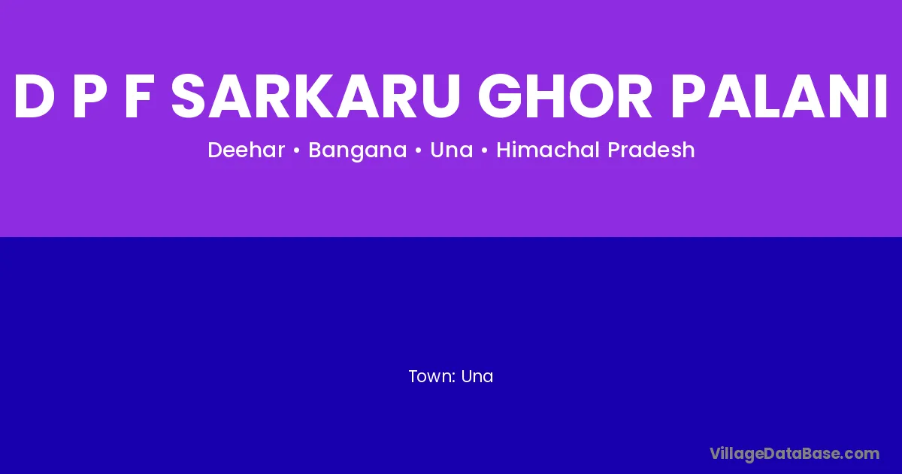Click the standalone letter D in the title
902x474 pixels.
point(35,97)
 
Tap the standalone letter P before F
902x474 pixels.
point(90,97)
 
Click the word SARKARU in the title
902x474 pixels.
point(315,97)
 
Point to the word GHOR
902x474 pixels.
point(565,97)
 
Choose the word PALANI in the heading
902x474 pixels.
point(779,97)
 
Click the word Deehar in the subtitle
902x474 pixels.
point(247,150)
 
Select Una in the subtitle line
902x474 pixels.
point(452,150)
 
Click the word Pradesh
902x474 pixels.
point(651,150)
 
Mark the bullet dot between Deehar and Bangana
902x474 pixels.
point(297,150)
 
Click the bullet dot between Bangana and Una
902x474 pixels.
point(419,150)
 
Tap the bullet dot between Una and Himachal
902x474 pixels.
point(484,150)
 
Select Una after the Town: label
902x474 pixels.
point(477,376)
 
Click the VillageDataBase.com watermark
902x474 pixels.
point(795,454)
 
